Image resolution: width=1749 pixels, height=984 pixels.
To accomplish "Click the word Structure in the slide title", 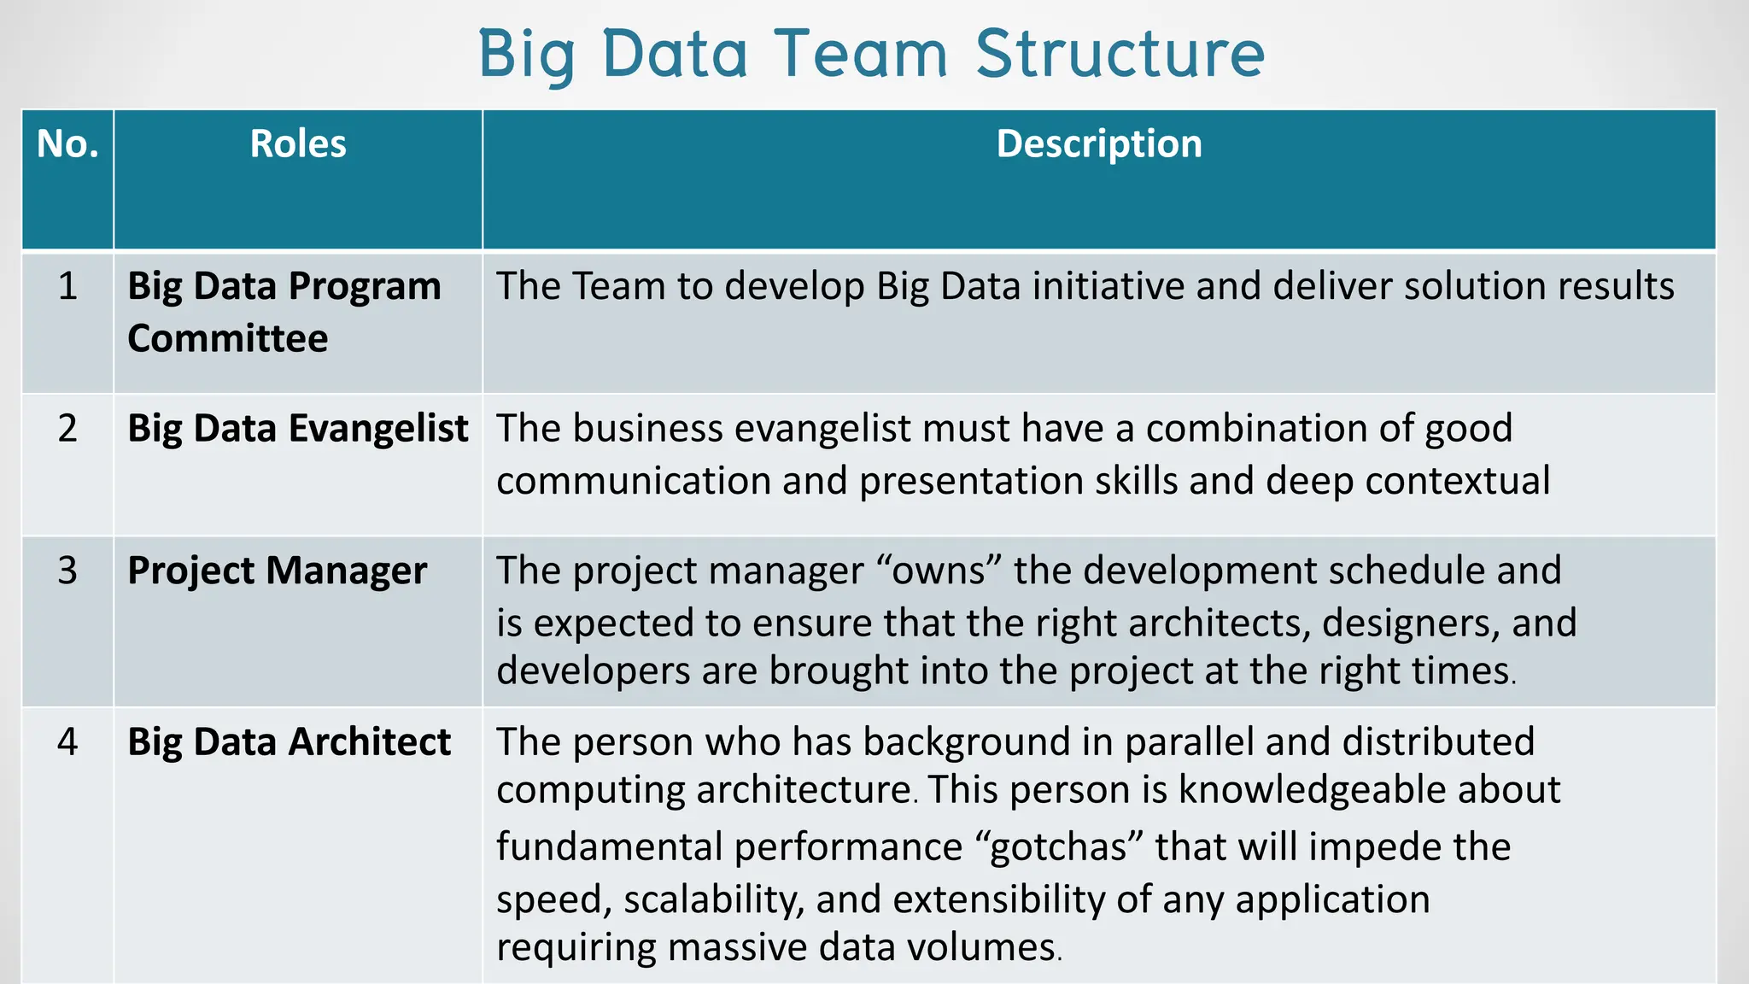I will click(1120, 53).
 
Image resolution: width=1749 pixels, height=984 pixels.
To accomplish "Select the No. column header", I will click(67, 144).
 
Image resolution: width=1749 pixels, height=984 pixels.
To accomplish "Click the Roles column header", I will click(298, 144).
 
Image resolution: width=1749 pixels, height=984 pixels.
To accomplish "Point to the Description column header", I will click(1099, 144).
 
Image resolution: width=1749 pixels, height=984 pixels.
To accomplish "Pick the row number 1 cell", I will click(67, 286).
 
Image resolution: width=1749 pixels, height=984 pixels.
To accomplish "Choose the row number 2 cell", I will click(67, 428).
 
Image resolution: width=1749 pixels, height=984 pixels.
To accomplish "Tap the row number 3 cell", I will click(67, 571).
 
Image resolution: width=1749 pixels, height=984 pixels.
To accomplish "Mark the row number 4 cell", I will click(67, 741).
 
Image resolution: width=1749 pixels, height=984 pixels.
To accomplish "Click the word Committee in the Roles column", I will click(228, 338).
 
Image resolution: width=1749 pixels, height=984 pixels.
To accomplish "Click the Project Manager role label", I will click(277, 571).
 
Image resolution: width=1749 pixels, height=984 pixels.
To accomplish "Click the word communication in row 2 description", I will click(632, 481).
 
